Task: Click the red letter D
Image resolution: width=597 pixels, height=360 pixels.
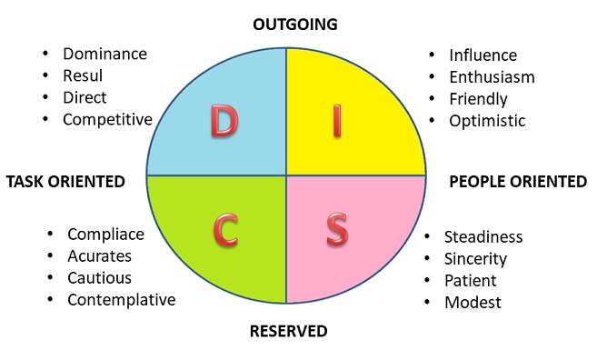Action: (x=223, y=121)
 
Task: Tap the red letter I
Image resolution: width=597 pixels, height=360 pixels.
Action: (x=337, y=121)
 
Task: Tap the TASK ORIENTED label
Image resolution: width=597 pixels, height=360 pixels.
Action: (x=65, y=182)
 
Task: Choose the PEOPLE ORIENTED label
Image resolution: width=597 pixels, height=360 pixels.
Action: (x=518, y=182)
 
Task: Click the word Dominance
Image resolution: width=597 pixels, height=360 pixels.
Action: (x=104, y=54)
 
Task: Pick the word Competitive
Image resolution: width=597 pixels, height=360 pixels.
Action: (x=108, y=119)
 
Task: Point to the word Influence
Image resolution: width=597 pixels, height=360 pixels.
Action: (x=483, y=55)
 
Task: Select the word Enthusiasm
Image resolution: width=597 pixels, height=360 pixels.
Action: (x=492, y=77)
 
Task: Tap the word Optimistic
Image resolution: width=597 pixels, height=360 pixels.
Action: (x=487, y=120)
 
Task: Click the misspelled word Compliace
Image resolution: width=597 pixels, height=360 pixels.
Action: (x=105, y=235)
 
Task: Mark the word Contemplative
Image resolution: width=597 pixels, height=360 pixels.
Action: (x=122, y=300)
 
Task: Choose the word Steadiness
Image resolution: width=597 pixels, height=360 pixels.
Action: (x=483, y=237)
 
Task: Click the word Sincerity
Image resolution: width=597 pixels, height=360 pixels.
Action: (x=475, y=259)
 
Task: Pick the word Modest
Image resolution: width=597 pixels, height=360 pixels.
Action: (x=473, y=302)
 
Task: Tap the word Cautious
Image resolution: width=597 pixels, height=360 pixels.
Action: (x=99, y=278)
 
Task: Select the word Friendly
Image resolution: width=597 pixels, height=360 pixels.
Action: (x=478, y=99)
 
